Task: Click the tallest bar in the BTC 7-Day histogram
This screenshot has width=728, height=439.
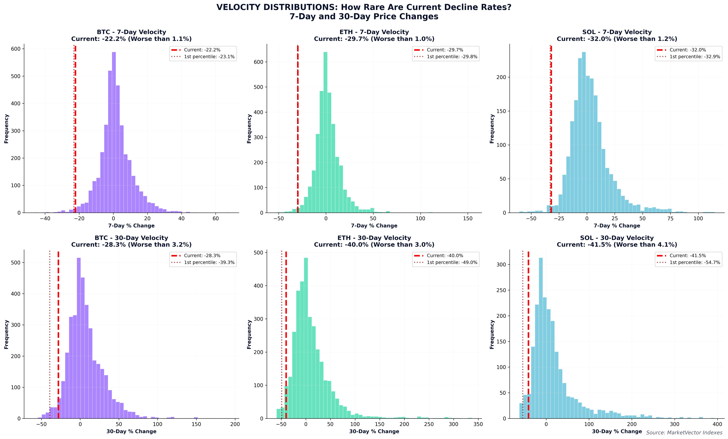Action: coord(114,133)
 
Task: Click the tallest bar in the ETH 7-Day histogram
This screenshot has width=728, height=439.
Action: coord(325,133)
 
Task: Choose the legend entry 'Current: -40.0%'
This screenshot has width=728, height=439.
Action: coord(445,256)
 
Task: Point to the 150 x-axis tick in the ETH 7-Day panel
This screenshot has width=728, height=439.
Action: coord(468,219)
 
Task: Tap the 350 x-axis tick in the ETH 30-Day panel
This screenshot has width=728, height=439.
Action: coord(478,424)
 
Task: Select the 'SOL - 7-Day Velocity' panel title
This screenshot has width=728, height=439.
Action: coord(617,32)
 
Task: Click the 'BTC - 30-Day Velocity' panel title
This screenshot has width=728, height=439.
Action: coord(131,238)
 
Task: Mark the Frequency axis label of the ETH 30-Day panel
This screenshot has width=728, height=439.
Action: coord(249,334)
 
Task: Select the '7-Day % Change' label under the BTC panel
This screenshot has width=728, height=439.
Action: coord(131,226)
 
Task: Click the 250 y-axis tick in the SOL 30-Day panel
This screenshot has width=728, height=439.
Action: coord(502,290)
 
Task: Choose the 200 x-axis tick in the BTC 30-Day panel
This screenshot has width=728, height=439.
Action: coord(235,424)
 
